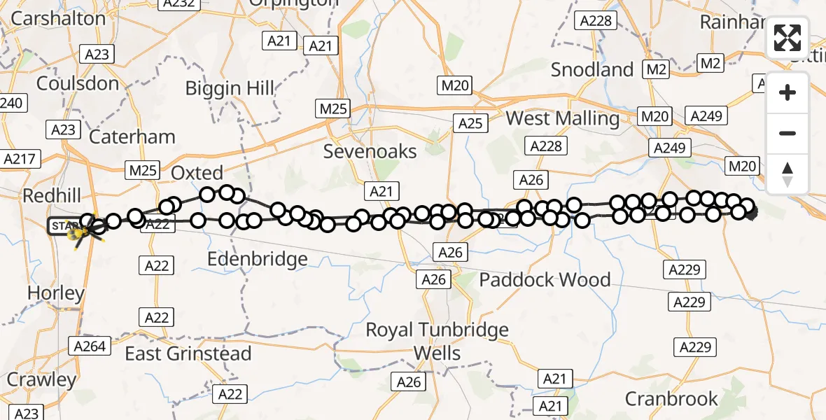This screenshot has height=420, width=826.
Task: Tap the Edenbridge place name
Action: (x=258, y=259)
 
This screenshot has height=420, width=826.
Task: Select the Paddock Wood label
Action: (x=545, y=280)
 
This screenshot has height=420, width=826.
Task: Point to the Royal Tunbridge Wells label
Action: (x=437, y=341)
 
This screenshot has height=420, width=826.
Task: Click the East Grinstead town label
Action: (x=188, y=353)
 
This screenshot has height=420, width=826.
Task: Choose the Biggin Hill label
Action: (x=230, y=88)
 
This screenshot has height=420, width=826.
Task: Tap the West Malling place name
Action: (x=562, y=118)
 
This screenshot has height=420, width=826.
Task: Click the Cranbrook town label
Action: (x=671, y=399)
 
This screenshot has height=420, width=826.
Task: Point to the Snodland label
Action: (x=591, y=69)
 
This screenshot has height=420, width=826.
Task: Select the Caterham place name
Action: (x=132, y=136)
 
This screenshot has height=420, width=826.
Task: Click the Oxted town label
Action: (x=197, y=173)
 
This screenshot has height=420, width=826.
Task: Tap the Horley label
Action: (x=56, y=293)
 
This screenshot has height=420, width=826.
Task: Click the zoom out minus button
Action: (x=787, y=133)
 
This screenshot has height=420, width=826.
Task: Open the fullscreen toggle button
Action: (x=787, y=38)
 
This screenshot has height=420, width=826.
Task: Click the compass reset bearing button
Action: (x=787, y=174)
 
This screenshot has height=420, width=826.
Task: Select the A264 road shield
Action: (x=90, y=345)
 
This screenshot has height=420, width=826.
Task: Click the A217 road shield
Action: (x=18, y=159)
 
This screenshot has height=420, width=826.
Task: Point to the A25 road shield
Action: (x=470, y=123)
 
